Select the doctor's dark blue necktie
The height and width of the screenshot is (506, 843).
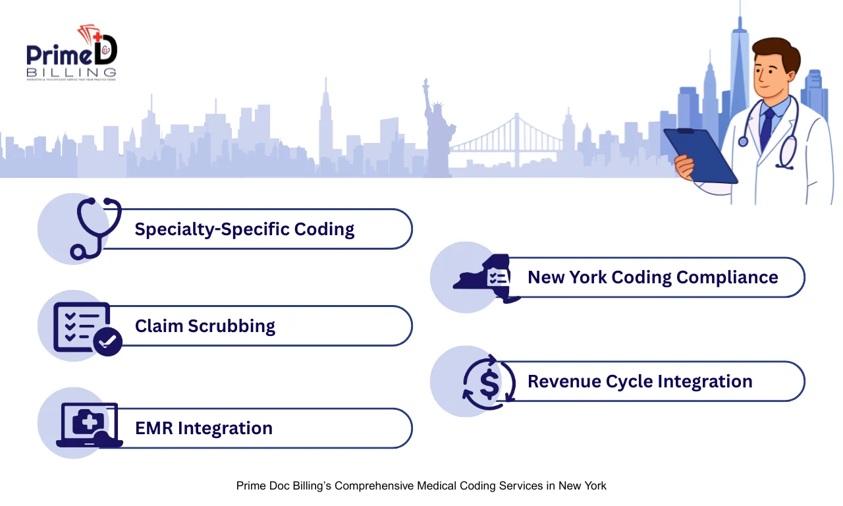(767, 128)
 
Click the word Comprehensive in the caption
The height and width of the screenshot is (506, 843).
(375, 486)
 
